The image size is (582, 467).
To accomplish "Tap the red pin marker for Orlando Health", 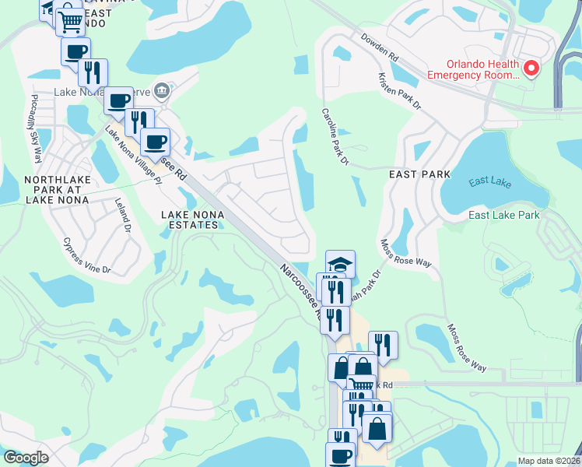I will click(532, 69).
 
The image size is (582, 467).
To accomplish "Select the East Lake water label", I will click(490, 181).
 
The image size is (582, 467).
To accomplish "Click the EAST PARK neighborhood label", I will click(419, 175).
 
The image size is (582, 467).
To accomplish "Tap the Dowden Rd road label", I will click(379, 47).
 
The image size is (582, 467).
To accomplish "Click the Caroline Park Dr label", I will click(334, 137).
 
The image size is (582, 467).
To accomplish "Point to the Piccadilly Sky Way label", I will click(35, 128).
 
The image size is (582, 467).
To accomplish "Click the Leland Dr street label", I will click(123, 216).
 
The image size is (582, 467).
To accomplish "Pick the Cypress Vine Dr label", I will click(87, 256).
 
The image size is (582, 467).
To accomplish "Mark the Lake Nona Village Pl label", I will click(132, 156).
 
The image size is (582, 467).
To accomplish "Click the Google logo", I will click(25, 458).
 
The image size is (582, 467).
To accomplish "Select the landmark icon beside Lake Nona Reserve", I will click(160, 90).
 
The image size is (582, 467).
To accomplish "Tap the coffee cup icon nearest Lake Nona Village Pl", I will click(155, 142).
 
